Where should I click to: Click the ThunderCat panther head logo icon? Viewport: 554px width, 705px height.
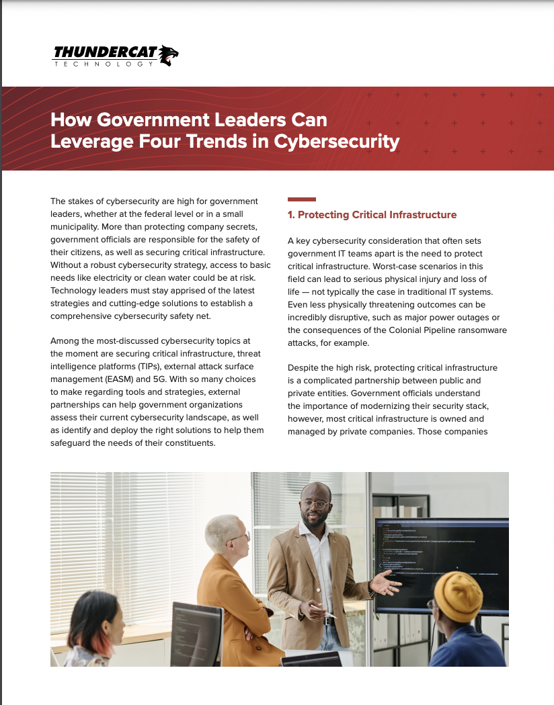(168, 55)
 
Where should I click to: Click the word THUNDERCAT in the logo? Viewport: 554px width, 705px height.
(104, 52)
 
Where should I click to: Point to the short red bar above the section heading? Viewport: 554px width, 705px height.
(301, 199)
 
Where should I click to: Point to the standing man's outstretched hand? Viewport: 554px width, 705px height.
(385, 583)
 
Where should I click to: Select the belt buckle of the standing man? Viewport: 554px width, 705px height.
(329, 621)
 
